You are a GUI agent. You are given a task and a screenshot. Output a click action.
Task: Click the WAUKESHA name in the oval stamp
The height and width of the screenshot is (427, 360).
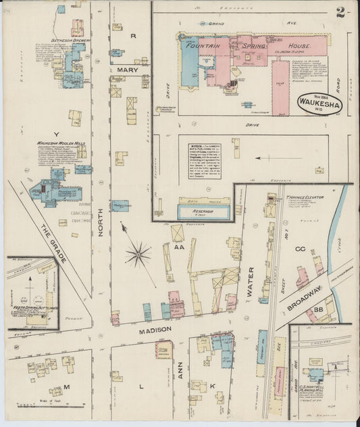click(318, 104)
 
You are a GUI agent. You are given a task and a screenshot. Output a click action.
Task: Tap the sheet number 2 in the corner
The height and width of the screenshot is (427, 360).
click(341, 12)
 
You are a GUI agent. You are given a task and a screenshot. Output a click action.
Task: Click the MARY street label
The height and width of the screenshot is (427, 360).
click(126, 70)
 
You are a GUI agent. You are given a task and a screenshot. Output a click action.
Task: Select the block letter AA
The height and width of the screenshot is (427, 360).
click(180, 248)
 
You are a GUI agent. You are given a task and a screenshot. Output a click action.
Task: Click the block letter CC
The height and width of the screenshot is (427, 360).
click(300, 249)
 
